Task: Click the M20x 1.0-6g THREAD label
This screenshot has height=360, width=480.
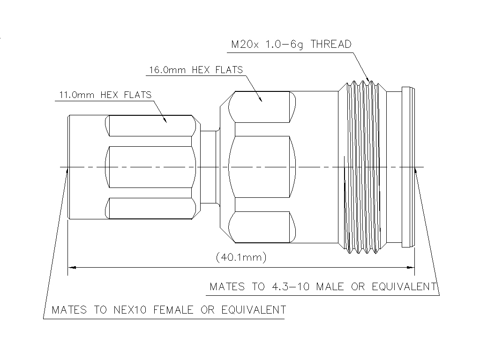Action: pyautogui.click(x=291, y=45)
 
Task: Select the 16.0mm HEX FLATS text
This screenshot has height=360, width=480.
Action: pyautogui.click(x=196, y=70)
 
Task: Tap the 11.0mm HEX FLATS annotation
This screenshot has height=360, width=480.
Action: pyautogui.click(x=105, y=95)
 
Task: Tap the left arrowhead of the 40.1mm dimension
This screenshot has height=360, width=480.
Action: pyautogui.click(x=72, y=268)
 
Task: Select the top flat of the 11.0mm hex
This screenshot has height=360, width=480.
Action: pyautogui.click(x=150, y=126)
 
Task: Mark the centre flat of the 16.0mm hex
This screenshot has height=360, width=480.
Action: pyautogui.click(x=261, y=167)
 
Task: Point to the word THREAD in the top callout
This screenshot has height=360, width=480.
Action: pyautogui.click(x=331, y=45)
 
